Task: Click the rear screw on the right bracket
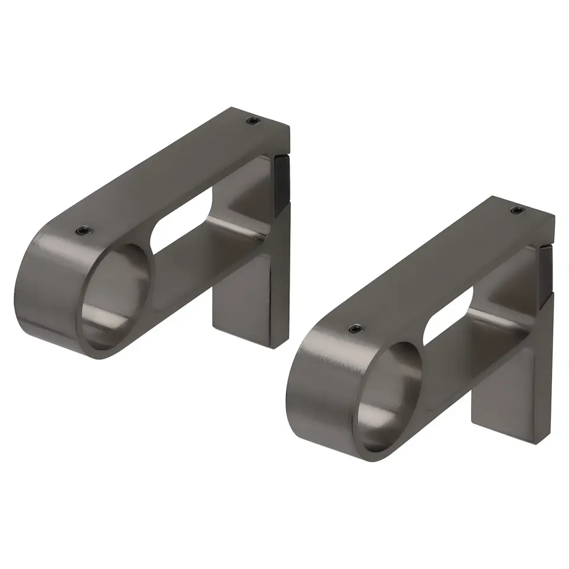point(517,210)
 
